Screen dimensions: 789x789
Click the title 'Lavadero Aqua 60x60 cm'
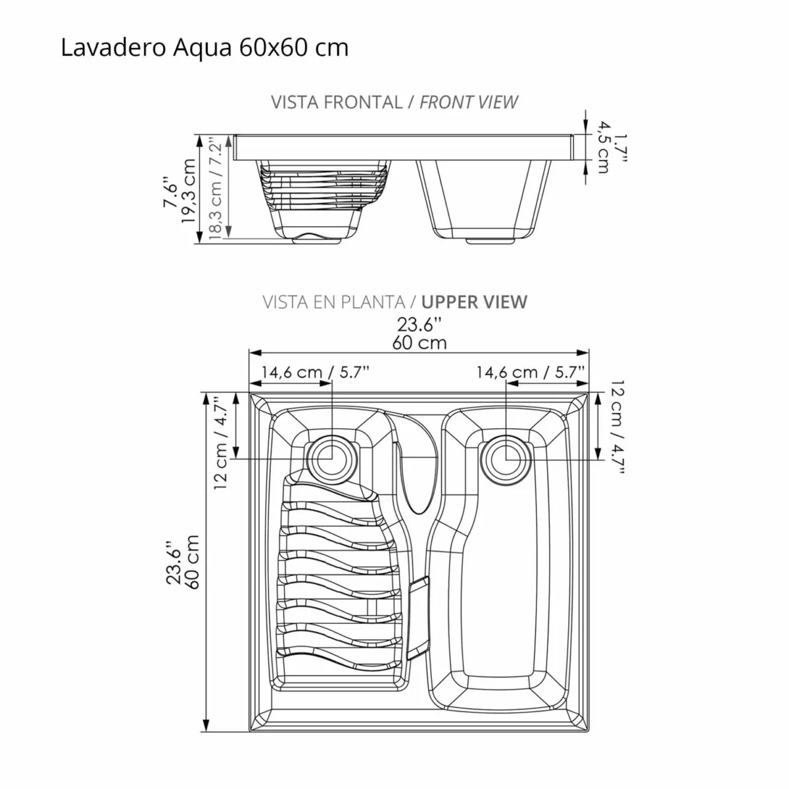point(204,48)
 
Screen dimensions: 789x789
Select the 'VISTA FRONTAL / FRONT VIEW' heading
point(394,103)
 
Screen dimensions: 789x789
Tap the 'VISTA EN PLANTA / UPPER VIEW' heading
point(394,302)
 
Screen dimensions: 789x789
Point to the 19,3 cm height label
point(189,191)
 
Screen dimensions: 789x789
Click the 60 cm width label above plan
point(419,343)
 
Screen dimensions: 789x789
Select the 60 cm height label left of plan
point(192,562)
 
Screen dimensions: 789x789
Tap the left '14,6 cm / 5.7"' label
point(315,372)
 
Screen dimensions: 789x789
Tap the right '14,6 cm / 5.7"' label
point(531,372)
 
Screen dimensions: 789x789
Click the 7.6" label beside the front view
point(170,191)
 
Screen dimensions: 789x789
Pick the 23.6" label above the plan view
point(419,324)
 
